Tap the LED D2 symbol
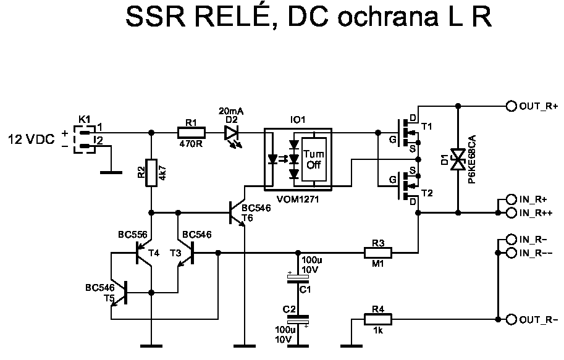click(231, 132)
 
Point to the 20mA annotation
click(231, 111)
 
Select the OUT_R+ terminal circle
click(511, 106)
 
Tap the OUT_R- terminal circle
click(511, 319)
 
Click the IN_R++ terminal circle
click(511, 213)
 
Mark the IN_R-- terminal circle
click(511, 253)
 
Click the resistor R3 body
click(378, 252)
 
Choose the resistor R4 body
click(377, 319)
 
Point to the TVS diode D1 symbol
click(458, 159)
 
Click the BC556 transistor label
click(133, 235)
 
